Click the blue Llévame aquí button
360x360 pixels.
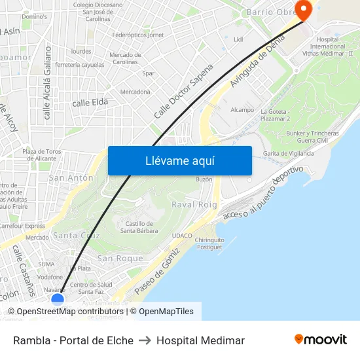pos(179,160)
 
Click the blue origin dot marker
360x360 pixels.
pos(58,300)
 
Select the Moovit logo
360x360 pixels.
pos(321,340)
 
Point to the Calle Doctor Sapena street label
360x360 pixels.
pos(184,91)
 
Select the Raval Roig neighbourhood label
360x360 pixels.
pos(194,205)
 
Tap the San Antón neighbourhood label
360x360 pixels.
pos(71,177)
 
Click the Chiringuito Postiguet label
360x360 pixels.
pos(209,243)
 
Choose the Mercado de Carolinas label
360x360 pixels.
pos(125,58)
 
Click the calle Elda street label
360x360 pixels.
pos(90,102)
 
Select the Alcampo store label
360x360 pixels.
pos(242,110)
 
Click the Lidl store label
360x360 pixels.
pos(238,39)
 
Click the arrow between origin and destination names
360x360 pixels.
pos(145,340)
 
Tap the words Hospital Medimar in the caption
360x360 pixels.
pos(200,340)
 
